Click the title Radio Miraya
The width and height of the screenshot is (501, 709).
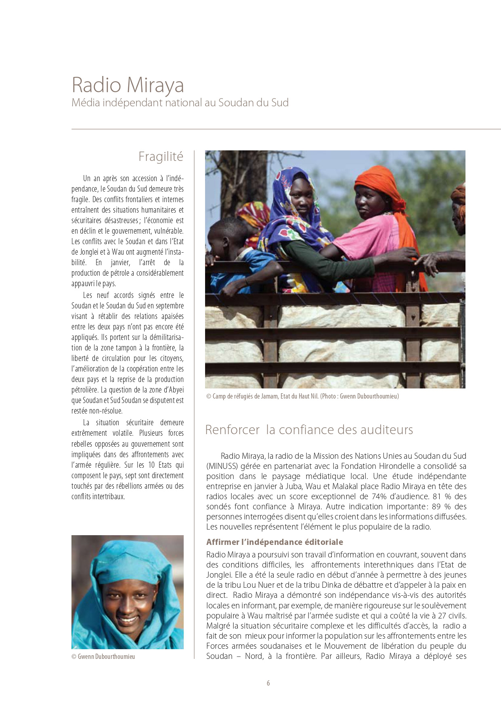128,85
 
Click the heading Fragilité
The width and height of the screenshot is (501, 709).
161,156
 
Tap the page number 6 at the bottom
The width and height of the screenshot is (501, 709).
268,683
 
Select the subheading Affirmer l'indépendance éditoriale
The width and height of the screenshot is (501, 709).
275,542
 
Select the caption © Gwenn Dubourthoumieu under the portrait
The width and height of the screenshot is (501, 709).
103,656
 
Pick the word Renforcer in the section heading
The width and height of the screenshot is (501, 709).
232,429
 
